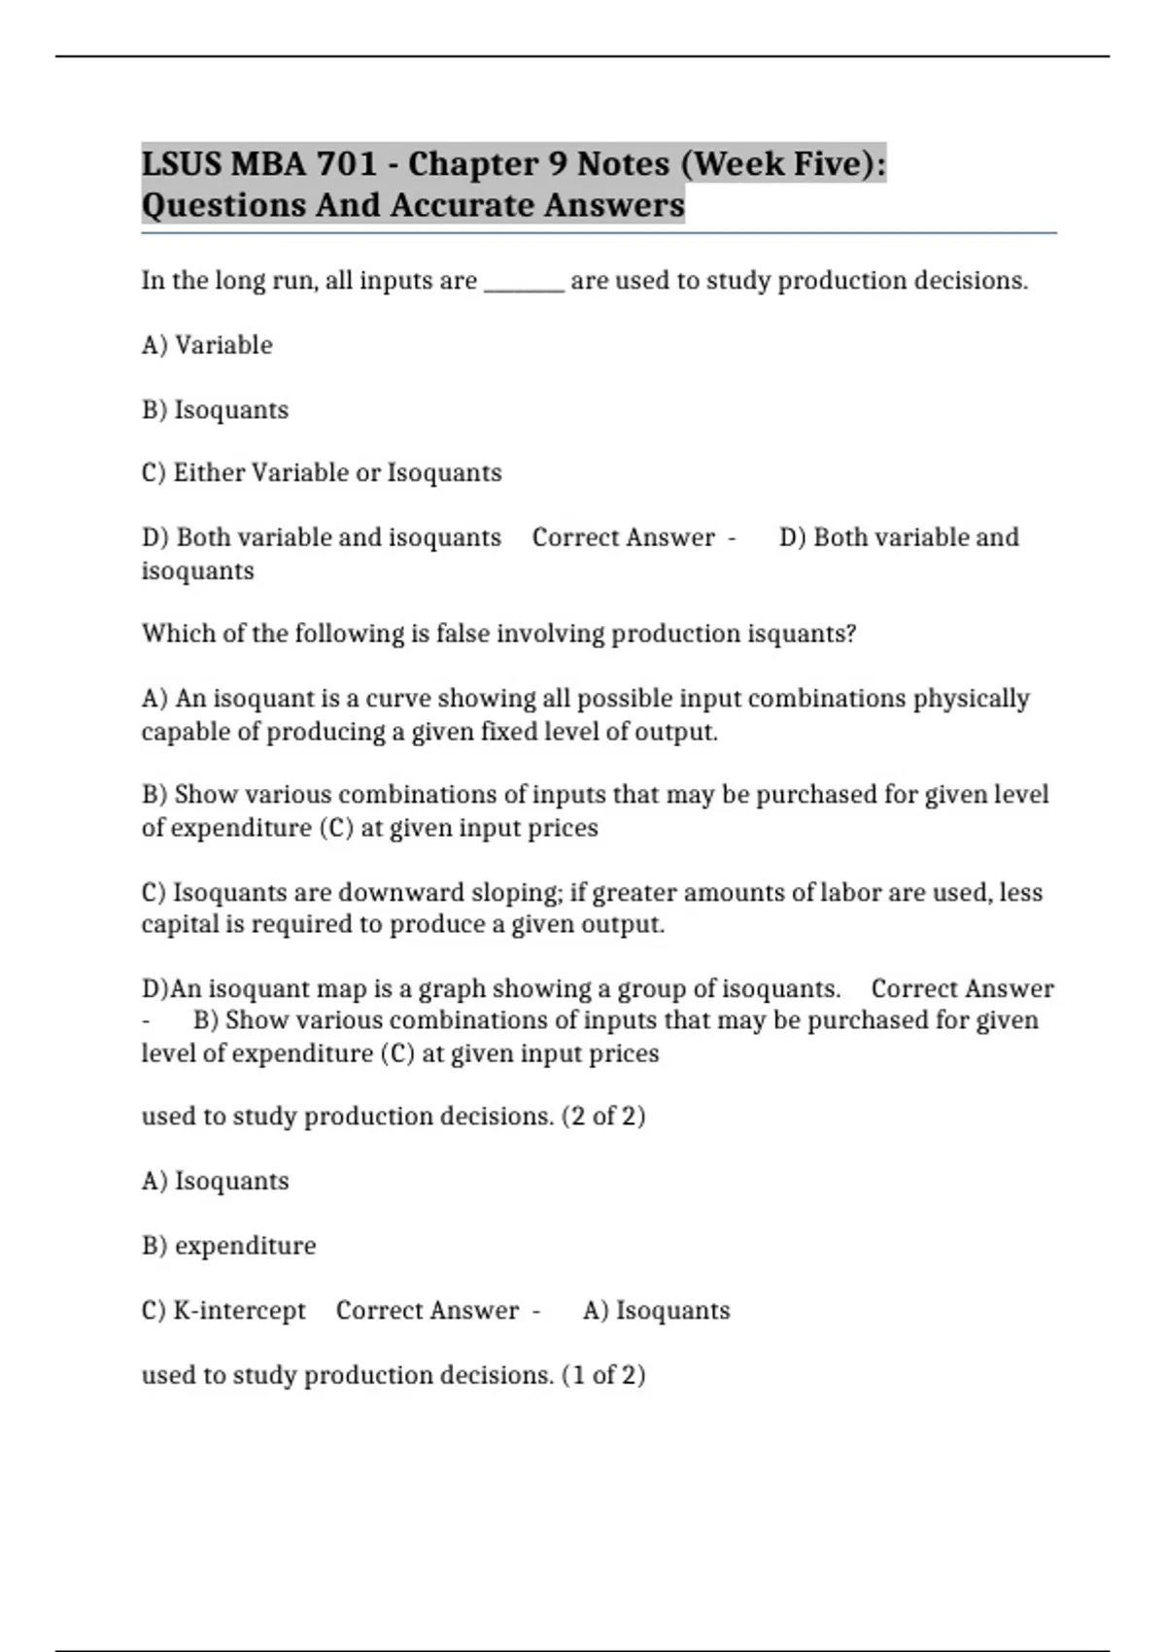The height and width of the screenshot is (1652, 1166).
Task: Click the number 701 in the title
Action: (x=347, y=163)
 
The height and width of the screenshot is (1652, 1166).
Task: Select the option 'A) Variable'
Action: (x=207, y=345)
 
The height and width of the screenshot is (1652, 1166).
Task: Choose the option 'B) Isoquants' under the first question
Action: (x=215, y=410)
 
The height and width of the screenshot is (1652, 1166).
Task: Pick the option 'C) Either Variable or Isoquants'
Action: (x=322, y=473)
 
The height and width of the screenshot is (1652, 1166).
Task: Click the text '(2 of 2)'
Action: (x=603, y=1116)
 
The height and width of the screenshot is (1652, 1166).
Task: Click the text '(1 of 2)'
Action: (x=603, y=1375)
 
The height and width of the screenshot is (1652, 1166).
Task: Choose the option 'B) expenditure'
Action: (x=228, y=1246)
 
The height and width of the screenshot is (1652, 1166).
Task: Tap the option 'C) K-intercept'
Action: (x=223, y=1311)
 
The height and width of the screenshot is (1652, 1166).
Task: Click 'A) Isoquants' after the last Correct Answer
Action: (x=656, y=1311)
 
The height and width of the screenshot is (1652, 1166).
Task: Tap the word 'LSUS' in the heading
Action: (x=182, y=163)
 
